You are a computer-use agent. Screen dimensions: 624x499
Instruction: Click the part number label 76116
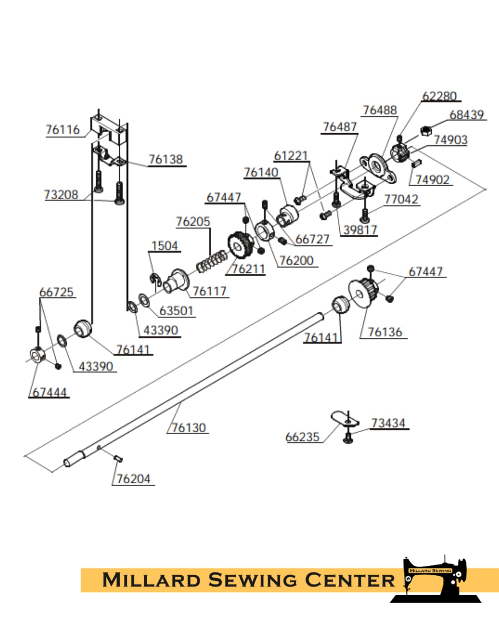62,130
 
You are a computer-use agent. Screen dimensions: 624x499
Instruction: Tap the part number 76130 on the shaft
189,428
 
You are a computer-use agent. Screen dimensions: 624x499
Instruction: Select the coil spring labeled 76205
212,263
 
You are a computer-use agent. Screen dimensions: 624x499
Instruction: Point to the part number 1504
164,246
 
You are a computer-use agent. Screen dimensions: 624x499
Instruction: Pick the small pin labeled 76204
118,458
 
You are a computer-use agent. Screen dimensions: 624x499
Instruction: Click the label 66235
302,437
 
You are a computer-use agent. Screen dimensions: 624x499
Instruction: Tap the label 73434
388,423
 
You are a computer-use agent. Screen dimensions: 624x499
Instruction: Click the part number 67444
49,392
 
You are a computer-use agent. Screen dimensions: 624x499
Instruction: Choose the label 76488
380,110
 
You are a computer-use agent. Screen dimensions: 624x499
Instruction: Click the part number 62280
439,96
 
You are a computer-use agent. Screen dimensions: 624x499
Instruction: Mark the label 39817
360,230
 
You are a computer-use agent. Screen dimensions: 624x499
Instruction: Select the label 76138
166,159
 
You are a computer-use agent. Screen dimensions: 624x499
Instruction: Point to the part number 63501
176,311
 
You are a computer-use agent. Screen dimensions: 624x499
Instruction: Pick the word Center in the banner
349,580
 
